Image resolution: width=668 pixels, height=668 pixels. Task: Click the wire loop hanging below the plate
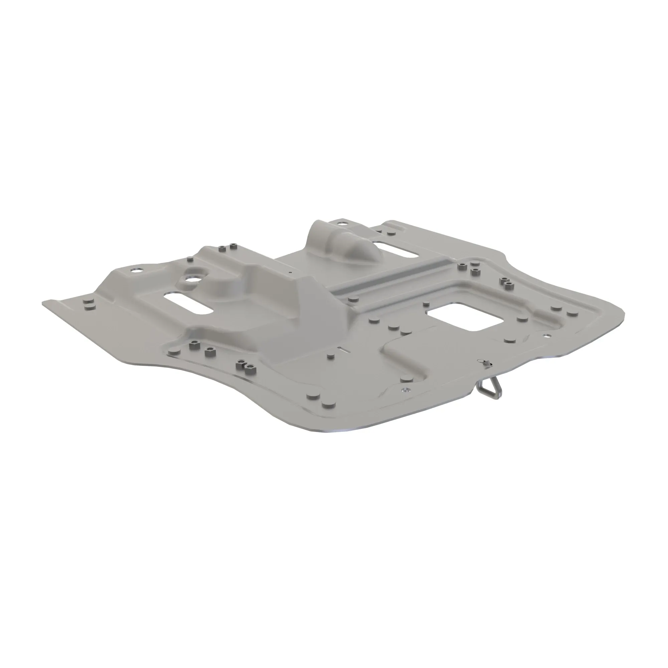click(488, 390)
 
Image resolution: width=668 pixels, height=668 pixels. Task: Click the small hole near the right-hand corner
click(547, 335)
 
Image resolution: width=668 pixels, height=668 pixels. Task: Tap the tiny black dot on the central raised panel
click(291, 272)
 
